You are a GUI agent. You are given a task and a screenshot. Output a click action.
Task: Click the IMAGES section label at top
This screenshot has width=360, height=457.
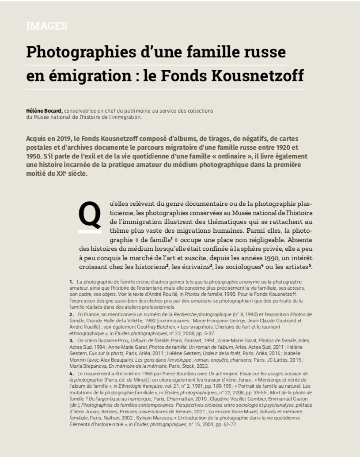tap(47, 26)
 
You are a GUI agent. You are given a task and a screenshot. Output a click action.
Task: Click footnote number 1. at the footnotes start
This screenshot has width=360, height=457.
tap(71, 282)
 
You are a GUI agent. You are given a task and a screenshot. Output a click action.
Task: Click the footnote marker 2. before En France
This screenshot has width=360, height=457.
tap(71, 313)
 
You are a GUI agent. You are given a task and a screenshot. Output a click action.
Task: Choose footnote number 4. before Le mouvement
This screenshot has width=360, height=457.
tap(71, 374)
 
